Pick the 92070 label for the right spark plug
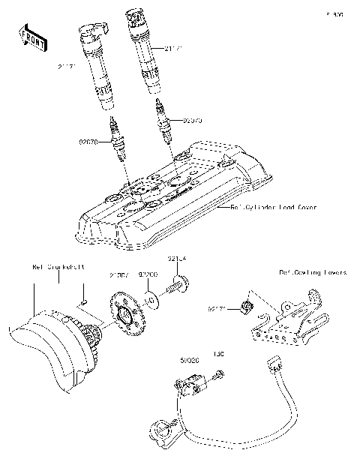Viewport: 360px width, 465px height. pos(192,118)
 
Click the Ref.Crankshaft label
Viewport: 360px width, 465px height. pos(58,266)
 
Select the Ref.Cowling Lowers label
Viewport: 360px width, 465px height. pos(313,273)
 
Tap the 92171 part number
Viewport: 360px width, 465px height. pos(217,307)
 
